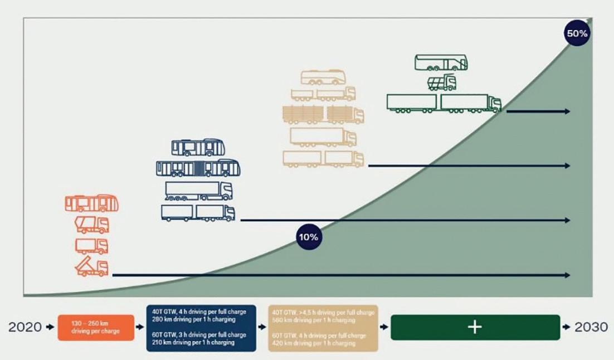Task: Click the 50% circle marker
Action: pyautogui.click(x=577, y=33)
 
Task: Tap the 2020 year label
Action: pyautogui.click(x=25, y=327)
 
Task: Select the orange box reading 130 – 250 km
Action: pyautogui.click(x=95, y=328)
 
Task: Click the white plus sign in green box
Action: pyautogui.click(x=475, y=327)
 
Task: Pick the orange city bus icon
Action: pyautogui.click(x=92, y=203)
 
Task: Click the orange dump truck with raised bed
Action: pyautogui.click(x=92, y=267)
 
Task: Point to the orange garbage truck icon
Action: pyautogui.click(x=92, y=225)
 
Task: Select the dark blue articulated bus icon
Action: pyautogui.click(x=198, y=168)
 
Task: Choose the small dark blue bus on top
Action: pyautogui.click(x=198, y=148)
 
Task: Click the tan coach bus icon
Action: pyautogui.click(x=323, y=77)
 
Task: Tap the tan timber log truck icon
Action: pyautogui.click(x=323, y=114)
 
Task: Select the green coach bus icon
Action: pyautogui.click(x=441, y=62)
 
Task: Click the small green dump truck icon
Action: pyautogui.click(x=442, y=82)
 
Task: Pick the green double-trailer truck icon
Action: pyautogui.click(x=444, y=104)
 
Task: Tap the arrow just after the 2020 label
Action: pyautogui.click(x=51, y=327)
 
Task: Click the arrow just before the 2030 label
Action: pyautogui.click(x=567, y=327)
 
